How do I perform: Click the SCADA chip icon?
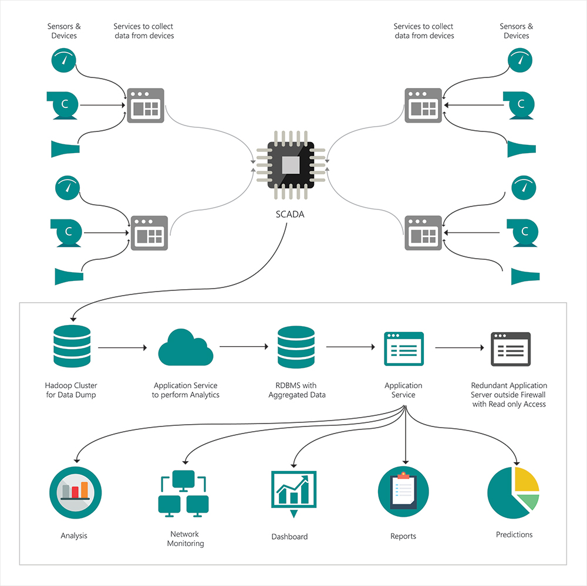tap(290, 165)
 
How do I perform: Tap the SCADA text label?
tap(290, 215)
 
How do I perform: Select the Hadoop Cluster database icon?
tap(71, 346)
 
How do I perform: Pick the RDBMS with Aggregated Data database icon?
tap(296, 346)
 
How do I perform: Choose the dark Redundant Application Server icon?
tap(510, 349)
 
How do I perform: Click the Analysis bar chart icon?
tap(76, 492)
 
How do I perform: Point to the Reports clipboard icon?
tap(404, 492)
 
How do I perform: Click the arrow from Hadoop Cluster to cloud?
tap(122, 348)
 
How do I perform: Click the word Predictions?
tap(514, 534)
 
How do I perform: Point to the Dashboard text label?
tap(289, 537)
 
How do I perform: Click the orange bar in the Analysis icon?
tap(85, 489)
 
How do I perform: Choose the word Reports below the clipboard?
tap(403, 536)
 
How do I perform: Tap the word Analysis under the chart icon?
tap(74, 536)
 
